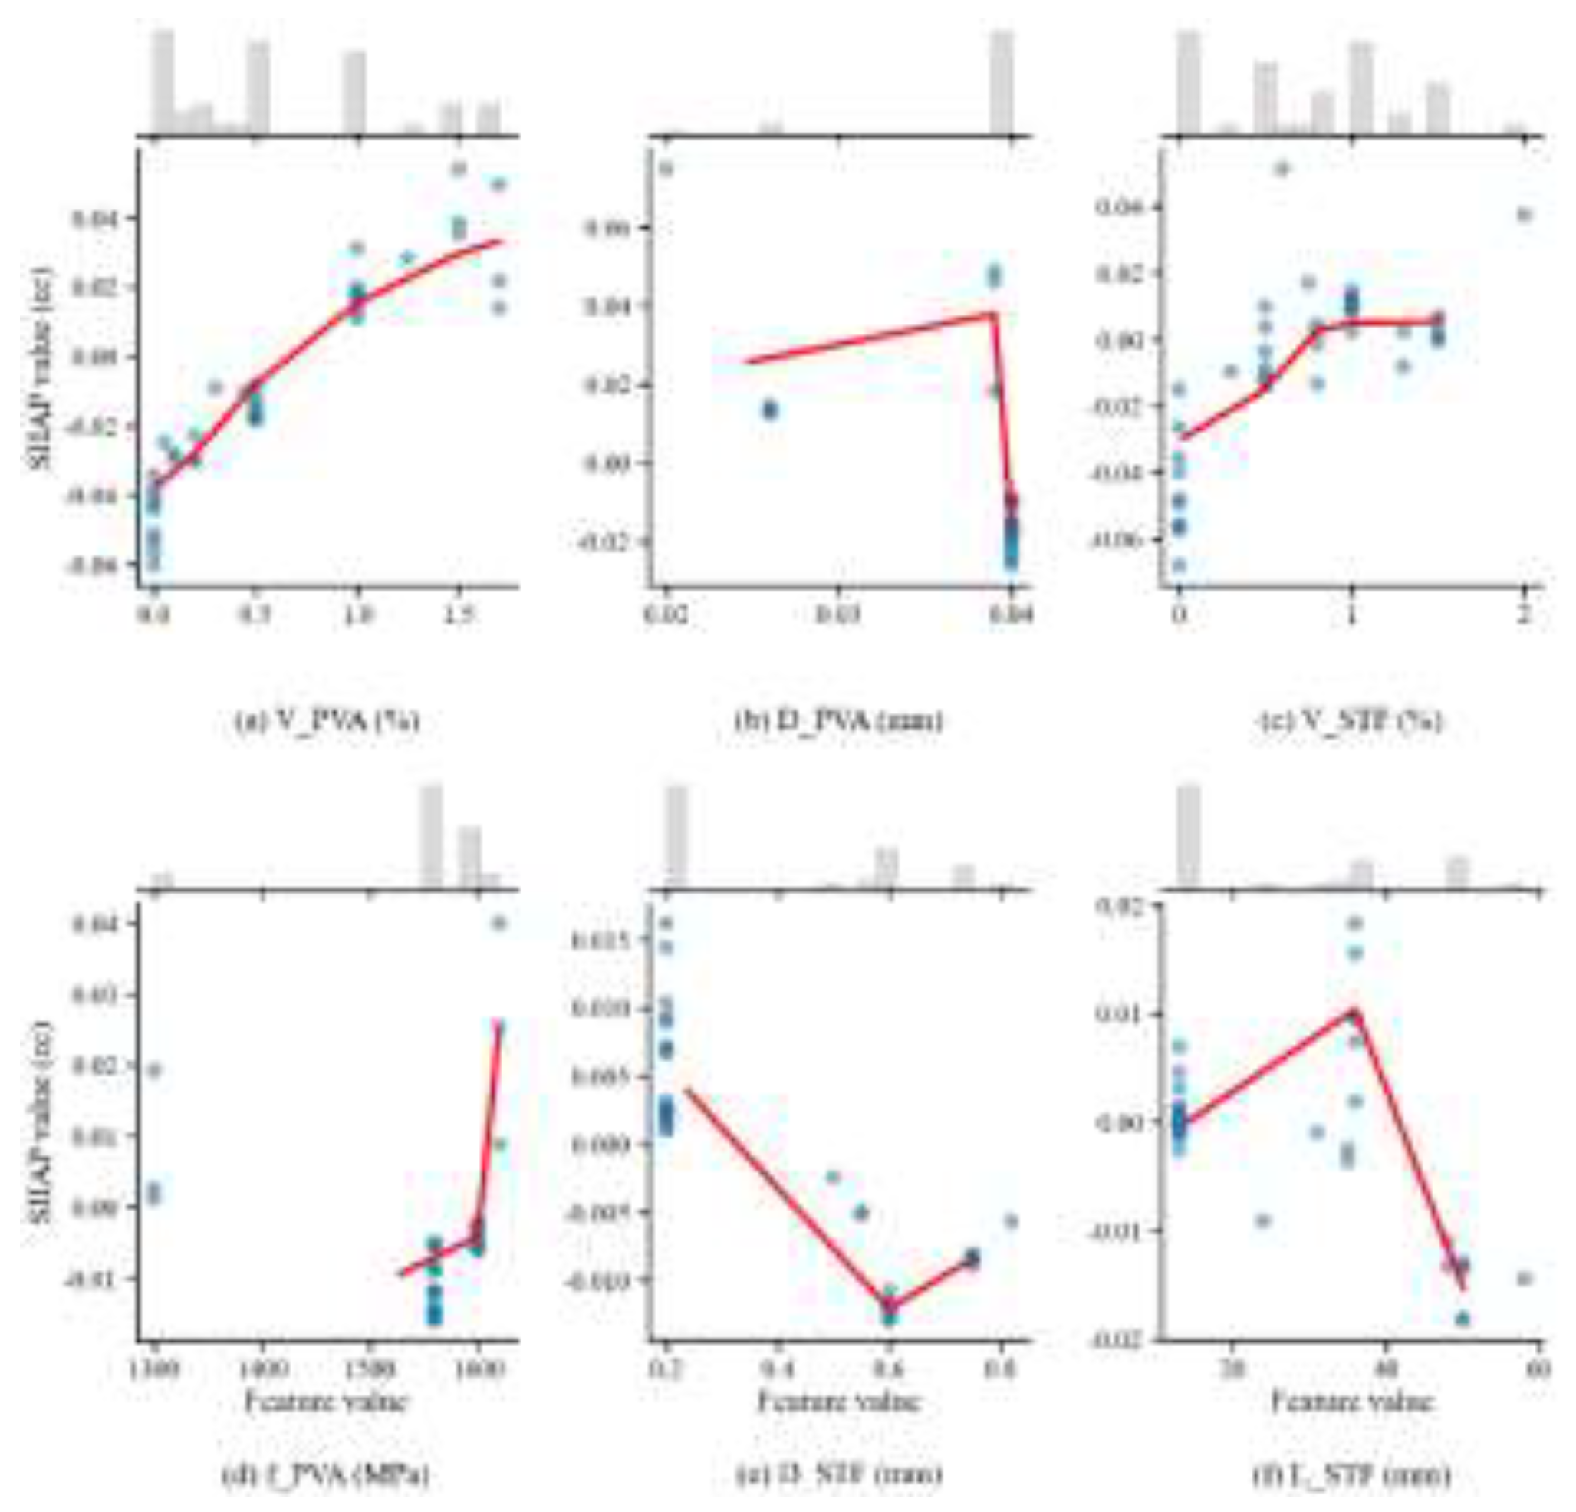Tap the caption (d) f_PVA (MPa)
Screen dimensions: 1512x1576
point(326,1474)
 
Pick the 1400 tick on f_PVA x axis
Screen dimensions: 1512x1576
point(262,1367)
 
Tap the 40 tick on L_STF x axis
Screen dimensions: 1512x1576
point(1384,1367)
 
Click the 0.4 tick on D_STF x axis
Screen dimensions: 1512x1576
point(778,1367)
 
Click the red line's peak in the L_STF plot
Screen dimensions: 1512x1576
point(1354,1011)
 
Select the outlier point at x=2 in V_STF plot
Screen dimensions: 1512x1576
point(1525,214)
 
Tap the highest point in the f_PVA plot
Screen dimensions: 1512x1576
point(498,923)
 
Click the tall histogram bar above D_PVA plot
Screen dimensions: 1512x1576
point(1001,81)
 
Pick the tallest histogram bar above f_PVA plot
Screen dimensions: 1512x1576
point(432,836)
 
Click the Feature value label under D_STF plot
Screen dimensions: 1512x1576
point(839,1402)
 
